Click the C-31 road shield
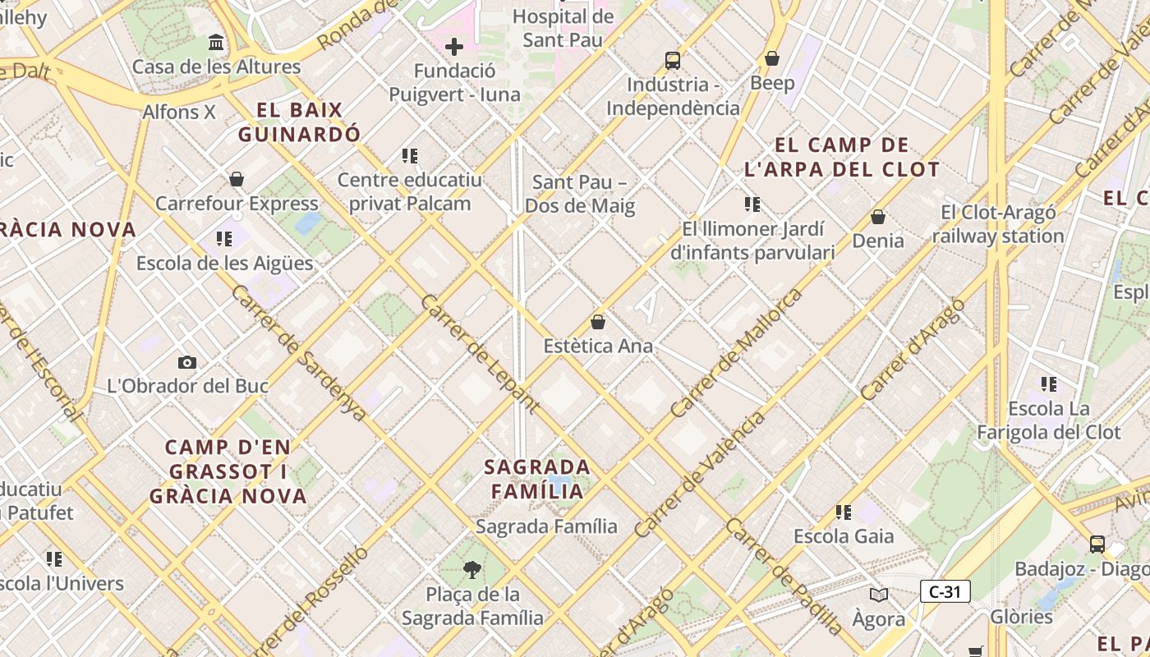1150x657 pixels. coord(945,591)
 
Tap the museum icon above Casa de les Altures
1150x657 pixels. coord(216,42)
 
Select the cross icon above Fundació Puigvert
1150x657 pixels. coord(454,47)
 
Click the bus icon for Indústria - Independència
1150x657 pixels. coord(673,60)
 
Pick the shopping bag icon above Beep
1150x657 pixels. coord(771,58)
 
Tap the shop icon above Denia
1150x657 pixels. coord(878,217)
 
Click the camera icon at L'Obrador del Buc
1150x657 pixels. coord(187,362)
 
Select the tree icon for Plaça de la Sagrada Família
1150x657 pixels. coord(471,569)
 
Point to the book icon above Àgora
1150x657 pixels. coord(879,595)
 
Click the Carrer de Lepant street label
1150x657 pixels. coord(480,353)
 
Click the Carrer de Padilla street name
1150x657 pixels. coord(784,577)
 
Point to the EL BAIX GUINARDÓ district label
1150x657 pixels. coord(299,122)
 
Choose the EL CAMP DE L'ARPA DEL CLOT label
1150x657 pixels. coord(842,158)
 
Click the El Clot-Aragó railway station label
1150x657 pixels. coord(998,225)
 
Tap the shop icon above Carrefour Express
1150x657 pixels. coord(237,179)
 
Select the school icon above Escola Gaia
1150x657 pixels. coord(844,512)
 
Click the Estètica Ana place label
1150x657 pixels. coord(598,347)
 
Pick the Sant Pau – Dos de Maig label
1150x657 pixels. coord(580,194)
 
